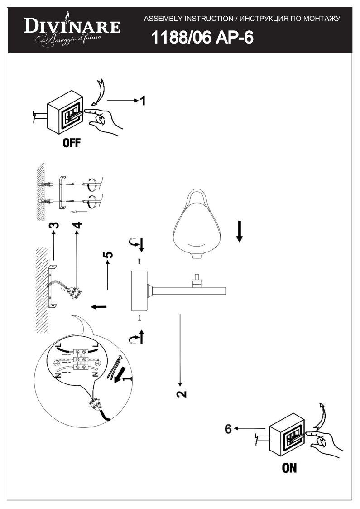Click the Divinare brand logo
(x=72, y=29)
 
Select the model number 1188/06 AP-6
(x=202, y=37)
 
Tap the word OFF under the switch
(x=72, y=143)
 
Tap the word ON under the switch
(x=289, y=468)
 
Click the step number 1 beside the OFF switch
(x=142, y=101)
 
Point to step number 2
(x=182, y=393)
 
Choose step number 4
(x=77, y=225)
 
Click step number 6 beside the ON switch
(x=228, y=429)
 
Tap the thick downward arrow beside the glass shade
(x=240, y=232)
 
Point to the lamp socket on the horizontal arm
(x=197, y=281)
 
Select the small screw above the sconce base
(x=139, y=261)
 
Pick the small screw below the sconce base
(x=139, y=318)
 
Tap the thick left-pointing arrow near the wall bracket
(x=99, y=306)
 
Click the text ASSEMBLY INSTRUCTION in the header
(x=188, y=19)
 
